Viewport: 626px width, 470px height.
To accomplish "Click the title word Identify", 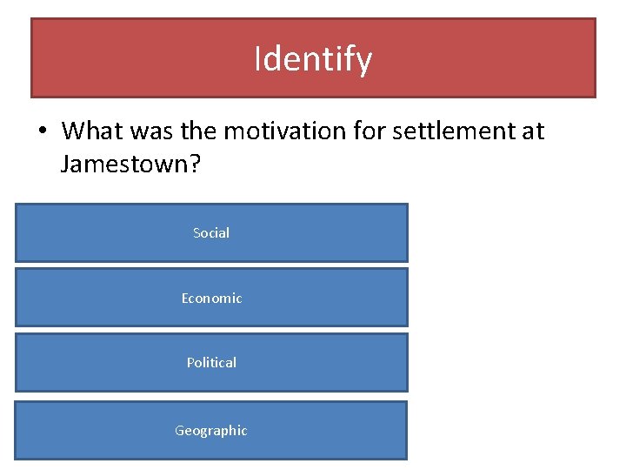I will click(313, 59).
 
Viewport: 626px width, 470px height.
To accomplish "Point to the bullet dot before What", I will click(42, 132).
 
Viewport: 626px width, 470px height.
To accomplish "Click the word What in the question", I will click(90, 131).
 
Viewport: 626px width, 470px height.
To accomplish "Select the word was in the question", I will click(148, 131).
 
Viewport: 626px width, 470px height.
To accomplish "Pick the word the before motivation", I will click(196, 131).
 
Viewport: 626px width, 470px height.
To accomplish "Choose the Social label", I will click(211, 233).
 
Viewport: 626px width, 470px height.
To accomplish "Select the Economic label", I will click(211, 299).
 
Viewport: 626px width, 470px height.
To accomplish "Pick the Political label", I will click(211, 363).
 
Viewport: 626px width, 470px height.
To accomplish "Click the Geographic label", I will click(211, 431).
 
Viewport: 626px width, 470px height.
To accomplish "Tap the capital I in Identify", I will click(257, 59).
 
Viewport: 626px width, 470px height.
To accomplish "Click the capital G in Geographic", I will click(180, 430).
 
